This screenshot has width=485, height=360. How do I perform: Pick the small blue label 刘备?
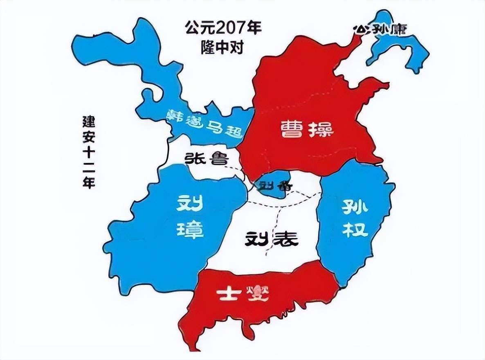click(271, 187)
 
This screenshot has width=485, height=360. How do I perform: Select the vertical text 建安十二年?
click(88, 151)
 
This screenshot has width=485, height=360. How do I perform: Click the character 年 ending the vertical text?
click(88, 182)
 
